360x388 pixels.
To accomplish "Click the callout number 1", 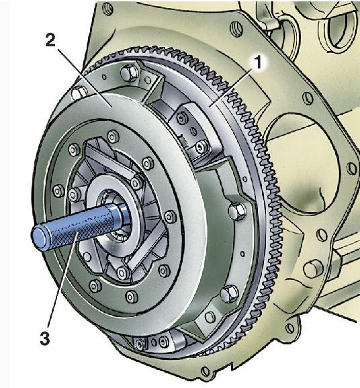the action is (258, 62).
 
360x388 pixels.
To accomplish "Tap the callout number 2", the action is (50, 40).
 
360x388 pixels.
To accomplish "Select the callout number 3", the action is (45, 338).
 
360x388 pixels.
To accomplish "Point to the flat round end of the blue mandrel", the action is (40, 238).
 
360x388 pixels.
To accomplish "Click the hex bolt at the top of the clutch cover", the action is (129, 72).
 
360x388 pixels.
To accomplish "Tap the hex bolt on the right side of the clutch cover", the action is (237, 211).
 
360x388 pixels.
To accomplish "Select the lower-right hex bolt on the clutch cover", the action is (229, 293).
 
